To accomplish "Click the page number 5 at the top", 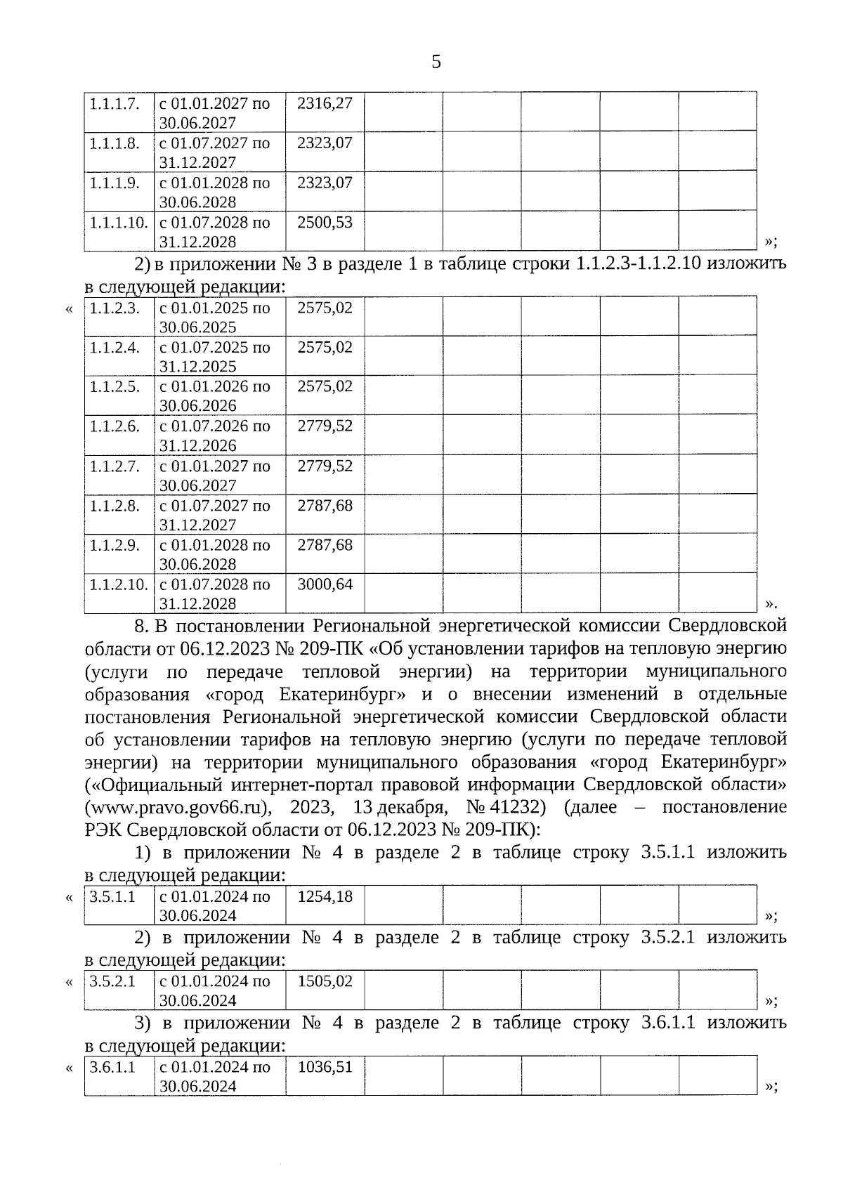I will click(436, 63).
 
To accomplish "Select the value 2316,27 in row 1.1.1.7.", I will click(325, 103).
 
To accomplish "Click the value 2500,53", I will click(325, 223).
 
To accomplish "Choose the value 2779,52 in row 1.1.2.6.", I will click(325, 426).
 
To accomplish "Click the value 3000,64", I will click(325, 584).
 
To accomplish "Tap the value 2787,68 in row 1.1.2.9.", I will click(325, 544).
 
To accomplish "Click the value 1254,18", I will click(325, 896).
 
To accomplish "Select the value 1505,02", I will click(325, 981).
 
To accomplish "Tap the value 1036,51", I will click(325, 1066).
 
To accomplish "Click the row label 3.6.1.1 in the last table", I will click(112, 1066).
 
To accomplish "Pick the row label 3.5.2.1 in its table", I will click(112, 981).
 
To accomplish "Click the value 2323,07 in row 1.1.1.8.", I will click(325, 143).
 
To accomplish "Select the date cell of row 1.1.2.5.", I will click(215, 395).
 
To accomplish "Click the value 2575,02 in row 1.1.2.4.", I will click(325, 347).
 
